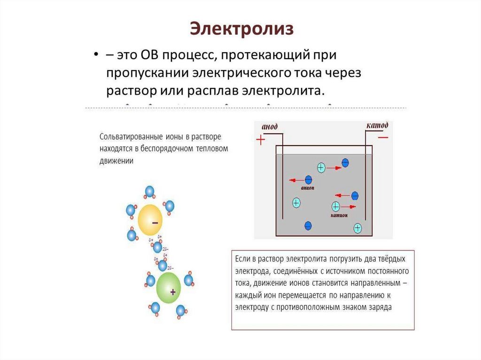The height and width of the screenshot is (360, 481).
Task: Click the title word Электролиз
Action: pyautogui.click(x=242, y=29)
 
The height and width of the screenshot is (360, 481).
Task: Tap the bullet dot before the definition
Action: pyautogui.click(x=95, y=55)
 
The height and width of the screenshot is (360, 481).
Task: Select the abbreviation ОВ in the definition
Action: pyautogui.click(x=149, y=55)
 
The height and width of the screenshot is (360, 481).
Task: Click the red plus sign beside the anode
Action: pyautogui.click(x=260, y=139)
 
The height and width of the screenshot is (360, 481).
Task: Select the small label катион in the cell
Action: pyautogui.click(x=339, y=215)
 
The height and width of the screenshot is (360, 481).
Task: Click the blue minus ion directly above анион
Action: pyautogui.click(x=309, y=179)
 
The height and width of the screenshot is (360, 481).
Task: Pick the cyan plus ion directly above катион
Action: pyautogui.click(x=336, y=206)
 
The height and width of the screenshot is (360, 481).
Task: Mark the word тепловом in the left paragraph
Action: pyautogui.click(x=214, y=149)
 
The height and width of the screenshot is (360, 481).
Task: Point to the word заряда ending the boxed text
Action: pyautogui.click(x=380, y=308)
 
